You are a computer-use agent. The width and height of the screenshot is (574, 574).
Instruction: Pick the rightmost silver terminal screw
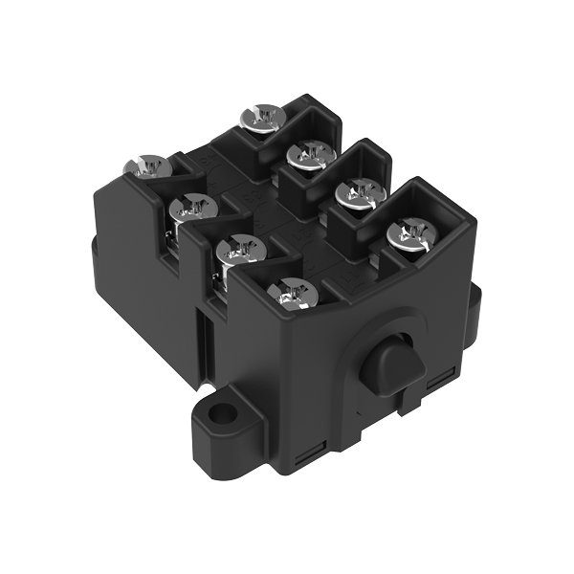[408, 233]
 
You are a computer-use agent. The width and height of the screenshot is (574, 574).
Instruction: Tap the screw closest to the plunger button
[296, 293]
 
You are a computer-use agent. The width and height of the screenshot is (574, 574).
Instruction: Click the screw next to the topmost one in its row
[308, 153]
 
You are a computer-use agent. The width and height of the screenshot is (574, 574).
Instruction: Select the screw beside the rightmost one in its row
[360, 194]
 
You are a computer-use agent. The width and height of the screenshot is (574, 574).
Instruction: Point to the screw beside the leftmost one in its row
[195, 209]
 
